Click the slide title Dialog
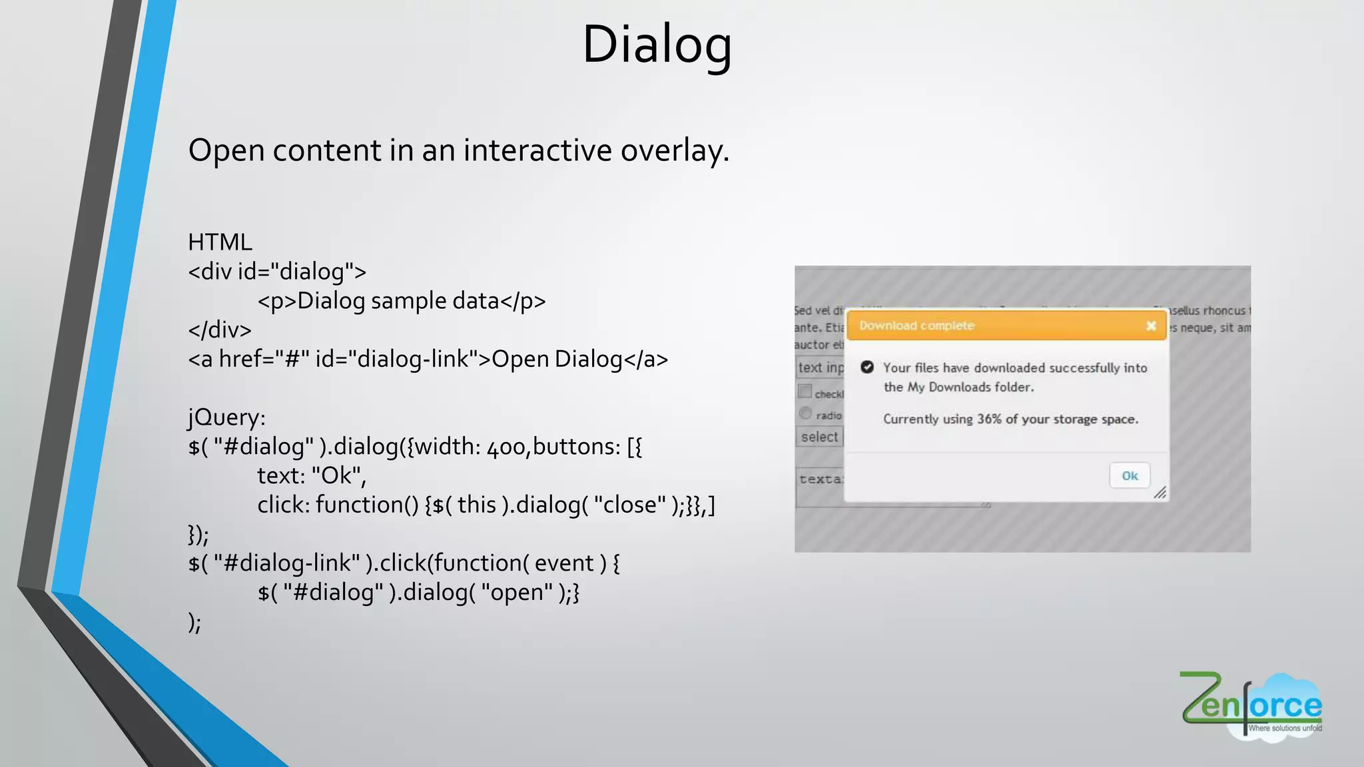coord(657,45)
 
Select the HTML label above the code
coord(220,242)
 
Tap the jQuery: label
coord(226,417)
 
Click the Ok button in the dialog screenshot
coord(1130,475)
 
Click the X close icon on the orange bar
coord(1151,326)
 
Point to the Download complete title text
coord(916,326)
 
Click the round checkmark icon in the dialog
coord(867,367)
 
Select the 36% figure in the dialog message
coord(989,419)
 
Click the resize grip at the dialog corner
coord(1160,493)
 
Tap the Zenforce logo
coord(1251,706)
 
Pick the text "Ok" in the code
coord(337,476)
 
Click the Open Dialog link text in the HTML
coord(557,360)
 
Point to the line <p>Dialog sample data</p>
coord(402,302)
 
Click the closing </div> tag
coord(220,330)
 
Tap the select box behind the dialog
coord(819,437)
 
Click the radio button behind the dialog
coord(806,413)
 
